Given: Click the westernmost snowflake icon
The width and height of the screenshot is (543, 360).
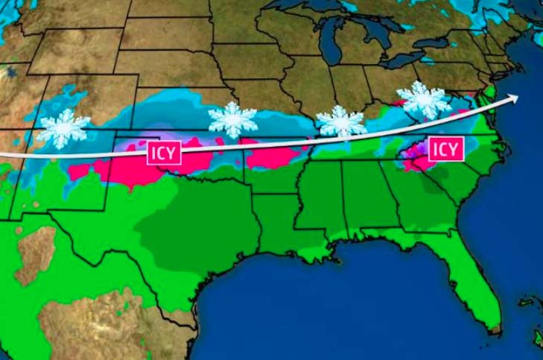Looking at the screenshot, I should click(64, 128).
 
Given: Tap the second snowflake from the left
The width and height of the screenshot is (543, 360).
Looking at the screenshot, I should click(232, 119).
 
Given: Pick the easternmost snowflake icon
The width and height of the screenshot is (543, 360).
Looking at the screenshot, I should click(423, 99).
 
